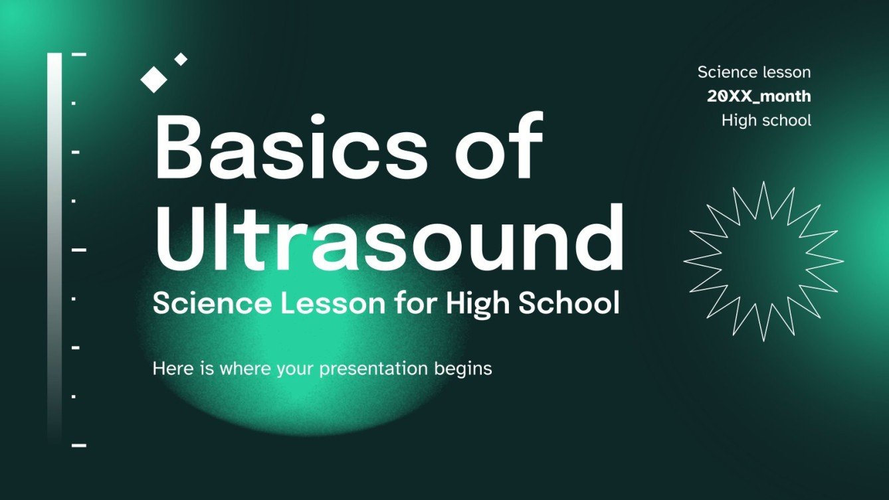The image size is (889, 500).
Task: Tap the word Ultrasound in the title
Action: [x=389, y=236]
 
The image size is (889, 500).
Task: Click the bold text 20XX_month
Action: [x=759, y=96]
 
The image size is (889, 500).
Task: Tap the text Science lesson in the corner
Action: [x=754, y=72]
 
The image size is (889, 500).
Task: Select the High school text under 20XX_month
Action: [x=766, y=120]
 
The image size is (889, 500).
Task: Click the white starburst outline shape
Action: [x=763, y=261]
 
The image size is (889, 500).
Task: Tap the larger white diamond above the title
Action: [x=154, y=78]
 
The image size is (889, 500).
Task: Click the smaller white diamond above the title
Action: [x=181, y=59]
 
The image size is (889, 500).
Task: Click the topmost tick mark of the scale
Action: [x=79, y=54]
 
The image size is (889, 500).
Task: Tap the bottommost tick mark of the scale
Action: [x=79, y=445]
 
